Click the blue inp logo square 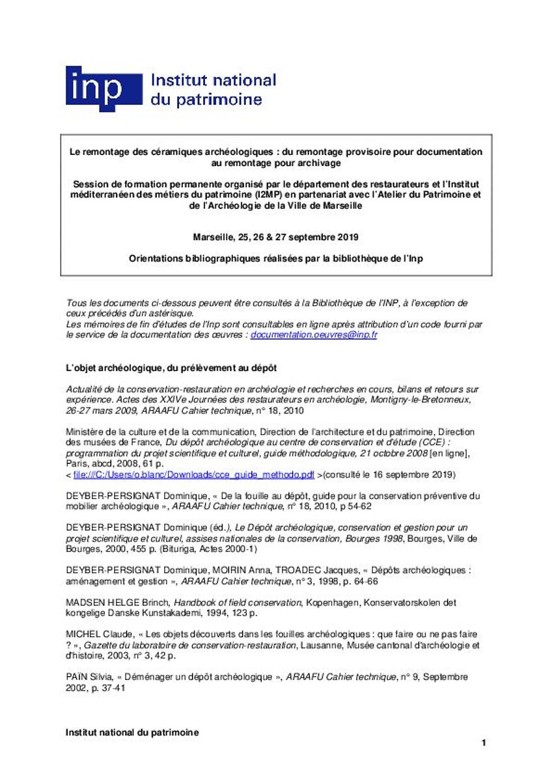click(x=103, y=89)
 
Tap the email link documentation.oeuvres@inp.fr click(x=314, y=335)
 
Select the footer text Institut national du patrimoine click(x=132, y=732)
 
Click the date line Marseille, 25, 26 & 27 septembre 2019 click(x=276, y=237)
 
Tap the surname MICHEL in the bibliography click(x=81, y=633)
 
